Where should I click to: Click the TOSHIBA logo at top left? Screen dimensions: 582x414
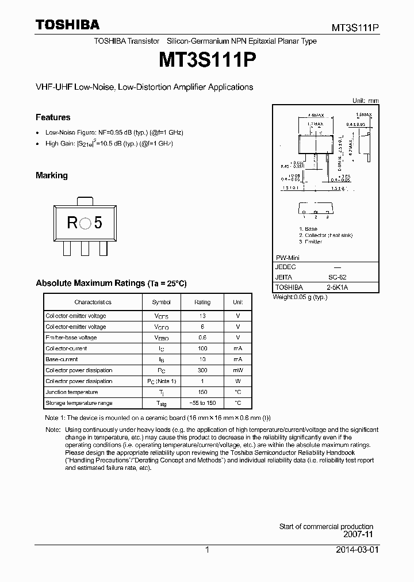coord(67,25)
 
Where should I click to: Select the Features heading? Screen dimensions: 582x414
coord(53,117)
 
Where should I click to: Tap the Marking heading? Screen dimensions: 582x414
coord(52,175)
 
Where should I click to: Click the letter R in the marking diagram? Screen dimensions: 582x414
coord(72,223)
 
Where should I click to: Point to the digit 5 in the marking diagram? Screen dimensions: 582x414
coord(98,223)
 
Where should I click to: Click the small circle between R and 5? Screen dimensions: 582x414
coord(85,224)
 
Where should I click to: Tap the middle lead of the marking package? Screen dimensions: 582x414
coord(85,248)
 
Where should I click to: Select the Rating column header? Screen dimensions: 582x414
coord(202,302)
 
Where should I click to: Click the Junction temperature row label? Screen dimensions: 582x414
coord(71,392)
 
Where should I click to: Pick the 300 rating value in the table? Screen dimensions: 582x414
coord(202,370)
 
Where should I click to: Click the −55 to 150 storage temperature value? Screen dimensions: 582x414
coord(202,403)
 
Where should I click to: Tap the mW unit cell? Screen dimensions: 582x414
coord(237,370)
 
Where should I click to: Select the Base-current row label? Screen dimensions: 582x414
coord(62,359)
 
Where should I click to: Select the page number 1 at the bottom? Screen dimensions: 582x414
coord(206,550)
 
